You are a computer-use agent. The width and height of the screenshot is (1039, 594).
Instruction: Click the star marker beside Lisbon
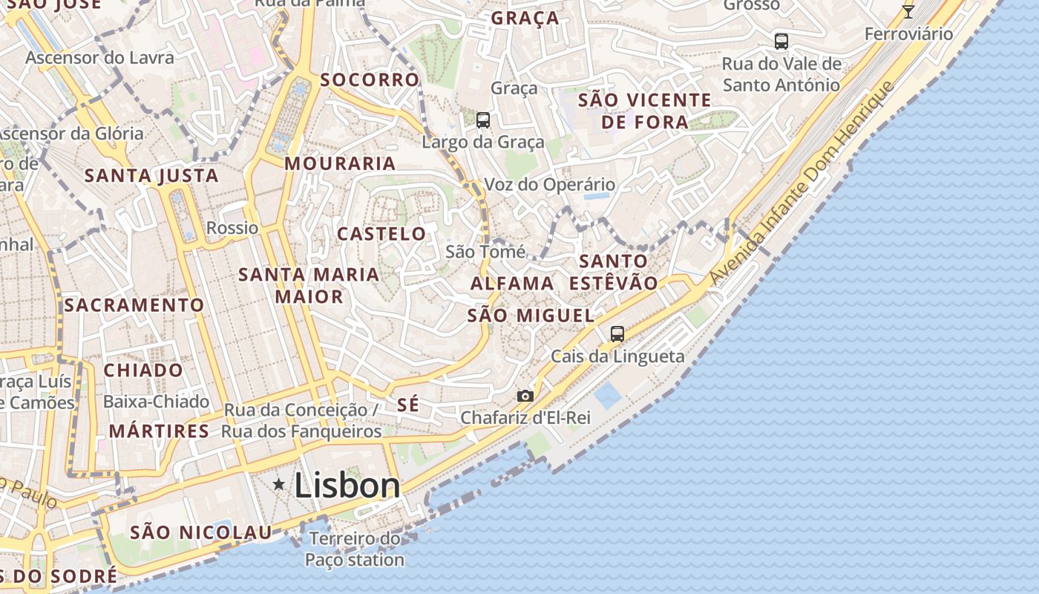tap(279, 485)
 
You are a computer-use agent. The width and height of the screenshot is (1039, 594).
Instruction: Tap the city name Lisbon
tap(347, 486)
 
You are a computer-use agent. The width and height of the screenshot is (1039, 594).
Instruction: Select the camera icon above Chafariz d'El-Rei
tap(525, 396)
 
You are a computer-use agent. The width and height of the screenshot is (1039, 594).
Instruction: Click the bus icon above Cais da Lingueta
tap(617, 334)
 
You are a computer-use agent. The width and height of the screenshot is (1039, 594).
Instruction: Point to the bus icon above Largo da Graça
tap(483, 120)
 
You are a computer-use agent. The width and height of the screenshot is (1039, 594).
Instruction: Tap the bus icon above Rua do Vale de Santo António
tap(781, 41)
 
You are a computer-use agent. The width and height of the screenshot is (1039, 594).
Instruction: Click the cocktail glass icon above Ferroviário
tap(908, 11)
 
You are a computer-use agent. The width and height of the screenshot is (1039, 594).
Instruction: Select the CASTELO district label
tap(381, 234)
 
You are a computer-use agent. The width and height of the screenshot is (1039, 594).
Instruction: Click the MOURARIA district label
tap(340, 163)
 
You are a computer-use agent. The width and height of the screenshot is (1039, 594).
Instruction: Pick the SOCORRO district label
tap(370, 79)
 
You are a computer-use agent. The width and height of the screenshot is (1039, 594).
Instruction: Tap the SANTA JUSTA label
tap(151, 176)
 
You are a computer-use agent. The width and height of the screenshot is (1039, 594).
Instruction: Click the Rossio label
tap(232, 228)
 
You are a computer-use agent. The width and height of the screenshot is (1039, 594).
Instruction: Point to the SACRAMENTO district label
tap(134, 305)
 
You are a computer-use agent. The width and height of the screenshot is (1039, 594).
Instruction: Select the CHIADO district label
tap(143, 370)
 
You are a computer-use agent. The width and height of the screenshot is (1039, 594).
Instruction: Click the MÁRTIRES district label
tap(159, 431)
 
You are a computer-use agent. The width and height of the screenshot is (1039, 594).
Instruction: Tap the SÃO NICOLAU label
tap(201, 532)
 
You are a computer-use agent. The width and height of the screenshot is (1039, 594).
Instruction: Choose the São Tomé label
tap(485, 252)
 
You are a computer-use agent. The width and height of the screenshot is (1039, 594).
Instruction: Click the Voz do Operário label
tap(549, 184)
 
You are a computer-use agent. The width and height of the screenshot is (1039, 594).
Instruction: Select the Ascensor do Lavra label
tap(100, 57)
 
